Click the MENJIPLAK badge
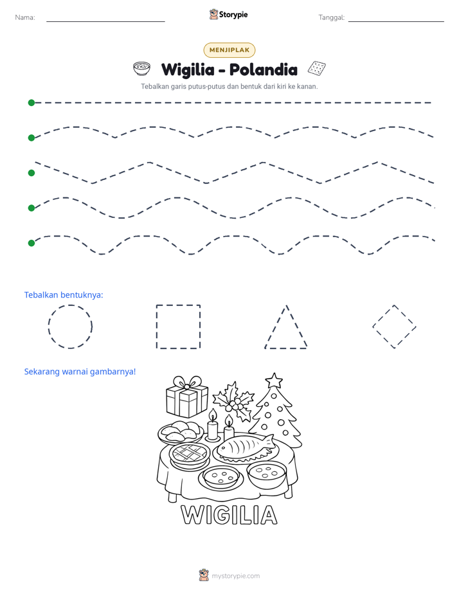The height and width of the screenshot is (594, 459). pos(229,50)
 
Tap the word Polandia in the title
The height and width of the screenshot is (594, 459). pos(263,69)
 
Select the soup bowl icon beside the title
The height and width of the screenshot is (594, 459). pos(141,69)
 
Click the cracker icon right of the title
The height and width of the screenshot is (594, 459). pos(316,68)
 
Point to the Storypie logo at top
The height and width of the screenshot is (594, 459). pos(228,14)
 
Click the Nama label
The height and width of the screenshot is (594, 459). pos(25,17)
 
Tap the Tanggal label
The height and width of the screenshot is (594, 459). pos(331,17)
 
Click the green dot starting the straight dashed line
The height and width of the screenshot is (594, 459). pos(32,103)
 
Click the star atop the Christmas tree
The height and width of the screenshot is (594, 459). pos(274,381)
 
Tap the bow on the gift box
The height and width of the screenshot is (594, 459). pos(187,382)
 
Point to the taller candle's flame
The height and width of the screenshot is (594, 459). pos(213,415)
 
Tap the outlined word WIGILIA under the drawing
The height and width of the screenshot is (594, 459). pos(229,515)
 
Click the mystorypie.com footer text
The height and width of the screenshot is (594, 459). pos(235,576)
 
